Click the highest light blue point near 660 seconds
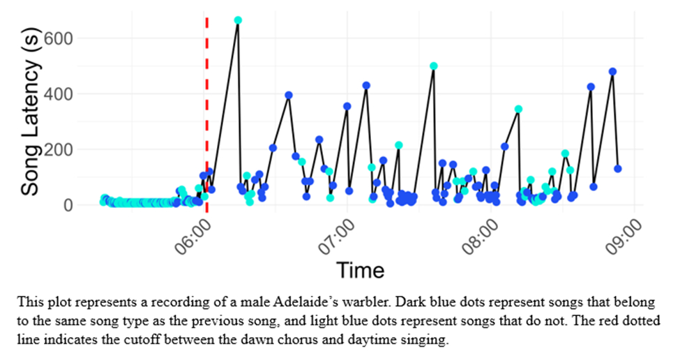pos(238,20)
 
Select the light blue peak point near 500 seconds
pos(434,66)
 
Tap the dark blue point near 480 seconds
pos(612,72)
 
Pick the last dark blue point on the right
pos(618,169)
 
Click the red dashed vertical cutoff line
pos(206,105)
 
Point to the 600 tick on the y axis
pos(66,38)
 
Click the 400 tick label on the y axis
pos(66,93)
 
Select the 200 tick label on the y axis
pos(66,149)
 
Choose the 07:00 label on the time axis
pos(338,237)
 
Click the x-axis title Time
pos(360,269)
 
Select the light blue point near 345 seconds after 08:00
pos(518,110)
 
